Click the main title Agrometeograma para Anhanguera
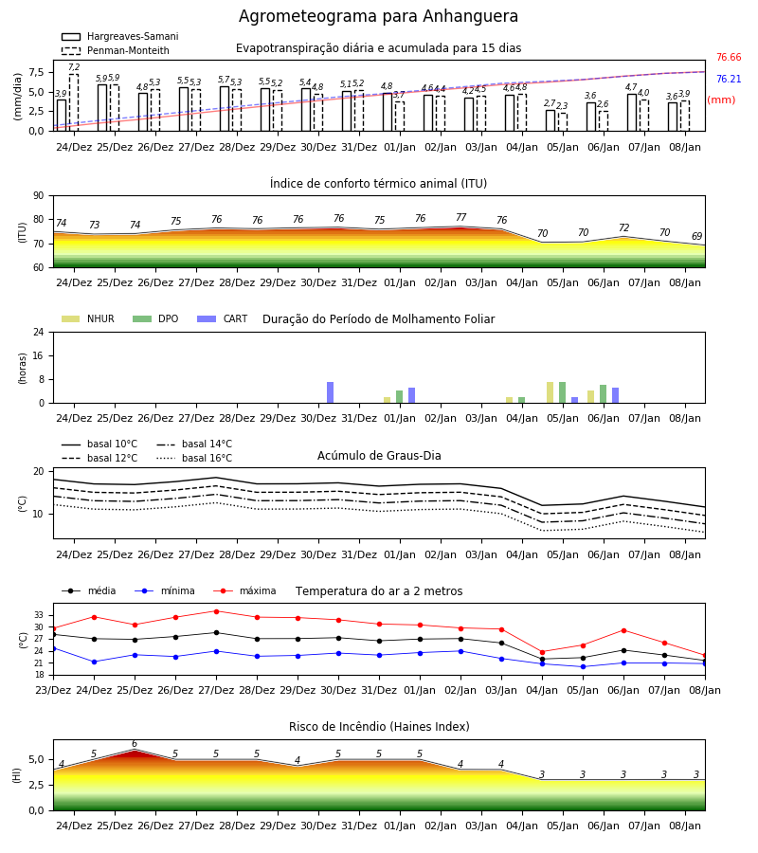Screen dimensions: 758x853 coord(378,16)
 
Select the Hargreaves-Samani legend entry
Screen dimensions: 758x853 coord(120,36)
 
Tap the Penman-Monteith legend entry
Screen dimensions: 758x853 coord(116,50)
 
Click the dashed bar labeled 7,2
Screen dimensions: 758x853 coord(73,102)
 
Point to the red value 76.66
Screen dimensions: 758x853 coord(729,57)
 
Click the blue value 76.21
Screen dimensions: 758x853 coord(729,79)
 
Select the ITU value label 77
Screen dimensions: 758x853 coord(461,217)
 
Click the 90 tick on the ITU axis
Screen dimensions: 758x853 coord(39,196)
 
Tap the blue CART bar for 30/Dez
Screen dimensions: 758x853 coord(330,392)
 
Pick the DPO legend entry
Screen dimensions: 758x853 coord(155,318)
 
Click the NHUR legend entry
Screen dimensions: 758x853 coord(88,318)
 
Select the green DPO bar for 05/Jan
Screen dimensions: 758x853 coord(562,392)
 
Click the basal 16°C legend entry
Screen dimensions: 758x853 coord(194,458)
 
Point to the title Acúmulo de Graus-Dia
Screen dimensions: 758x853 coord(379,455)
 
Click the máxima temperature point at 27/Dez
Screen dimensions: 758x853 coord(216,611)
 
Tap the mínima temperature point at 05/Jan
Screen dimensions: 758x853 coord(583,666)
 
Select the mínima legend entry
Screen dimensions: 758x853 coord(165,590)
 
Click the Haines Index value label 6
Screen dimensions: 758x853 coord(135,744)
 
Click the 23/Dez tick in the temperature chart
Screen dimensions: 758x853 coord(53,690)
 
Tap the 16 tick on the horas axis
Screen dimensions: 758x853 coord(39,355)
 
